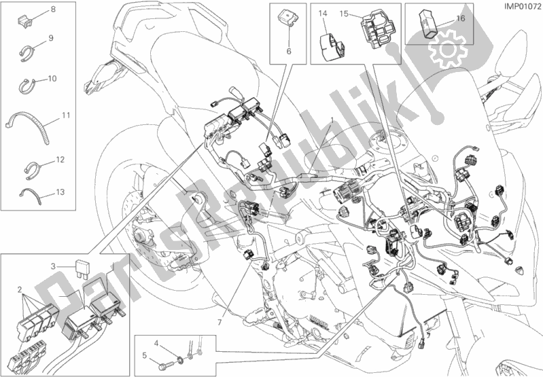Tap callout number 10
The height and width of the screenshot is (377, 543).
pyautogui.click(x=52, y=78)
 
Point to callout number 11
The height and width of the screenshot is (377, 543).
pyautogui.click(x=65, y=115)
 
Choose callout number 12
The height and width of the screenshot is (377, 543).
pyautogui.click(x=61, y=160)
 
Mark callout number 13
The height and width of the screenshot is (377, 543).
pyautogui.click(x=61, y=192)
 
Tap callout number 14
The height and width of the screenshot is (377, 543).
pyautogui.click(x=322, y=14)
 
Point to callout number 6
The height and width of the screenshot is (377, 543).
pyautogui.click(x=287, y=51)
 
